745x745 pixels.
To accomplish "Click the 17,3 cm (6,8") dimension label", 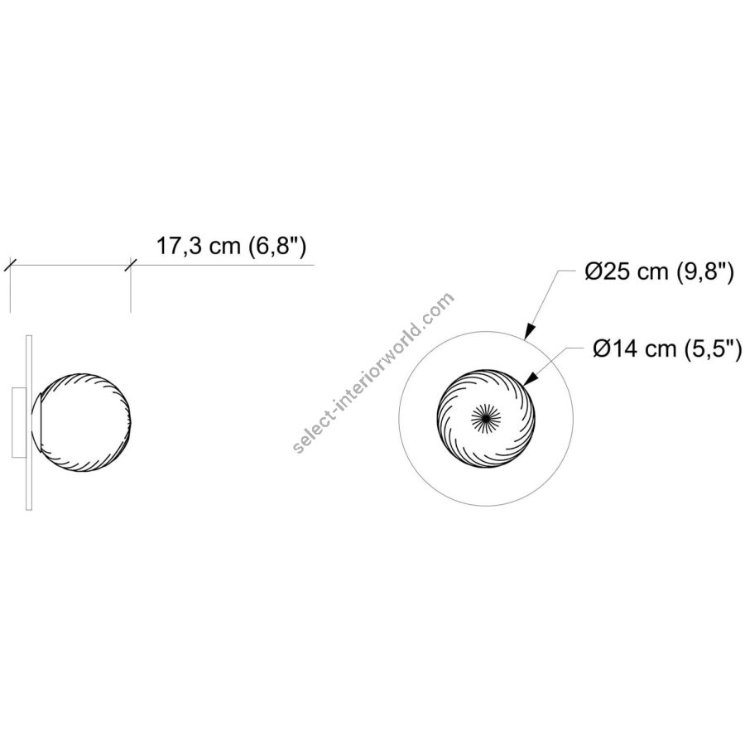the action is (x=232, y=247).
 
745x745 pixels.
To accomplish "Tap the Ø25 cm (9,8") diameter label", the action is (x=660, y=272).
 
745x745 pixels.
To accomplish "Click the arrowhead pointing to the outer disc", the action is (x=530, y=330).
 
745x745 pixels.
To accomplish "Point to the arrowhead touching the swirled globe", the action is (x=531, y=378).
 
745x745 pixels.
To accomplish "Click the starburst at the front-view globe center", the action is (x=486, y=418).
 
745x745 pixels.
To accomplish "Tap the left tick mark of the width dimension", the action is (x=11, y=265).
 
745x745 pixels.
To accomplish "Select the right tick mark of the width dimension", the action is (x=131, y=265).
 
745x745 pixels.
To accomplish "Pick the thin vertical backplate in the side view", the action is (x=29, y=421).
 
